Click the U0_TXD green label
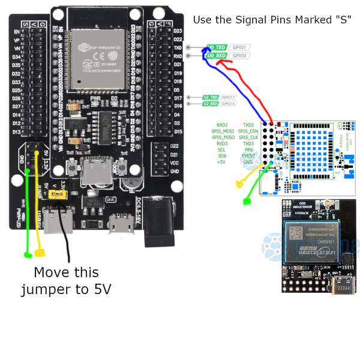(x=216, y=47)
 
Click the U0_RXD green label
(x=216, y=56)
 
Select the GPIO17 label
(x=229, y=97)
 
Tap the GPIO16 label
(x=229, y=103)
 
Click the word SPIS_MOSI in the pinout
(x=223, y=131)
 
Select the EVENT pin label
(x=248, y=156)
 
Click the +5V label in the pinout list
(x=221, y=162)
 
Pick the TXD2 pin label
(x=248, y=124)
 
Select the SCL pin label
(x=222, y=149)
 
